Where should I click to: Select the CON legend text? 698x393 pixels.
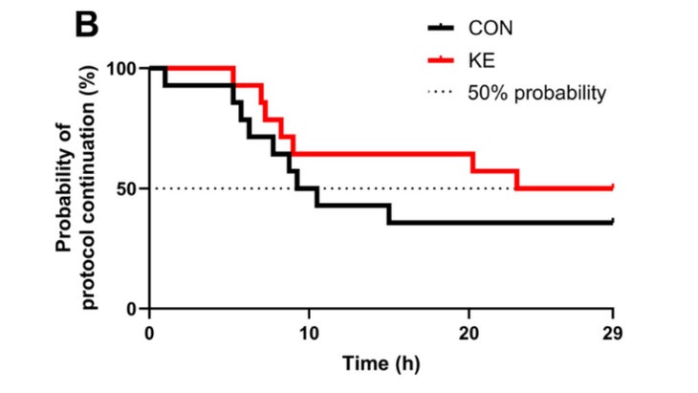488,28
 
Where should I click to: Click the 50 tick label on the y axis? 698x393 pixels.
127,189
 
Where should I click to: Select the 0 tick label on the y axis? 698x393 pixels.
132,310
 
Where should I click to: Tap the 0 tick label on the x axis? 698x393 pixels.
150,333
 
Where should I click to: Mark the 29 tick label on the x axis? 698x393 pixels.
612,333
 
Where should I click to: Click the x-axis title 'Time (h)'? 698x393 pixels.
381,363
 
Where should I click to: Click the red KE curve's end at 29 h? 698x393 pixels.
612,187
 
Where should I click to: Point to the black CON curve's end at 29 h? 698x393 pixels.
612,222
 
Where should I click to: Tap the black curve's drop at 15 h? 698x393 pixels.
388,213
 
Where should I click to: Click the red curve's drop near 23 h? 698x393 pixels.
517,180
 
